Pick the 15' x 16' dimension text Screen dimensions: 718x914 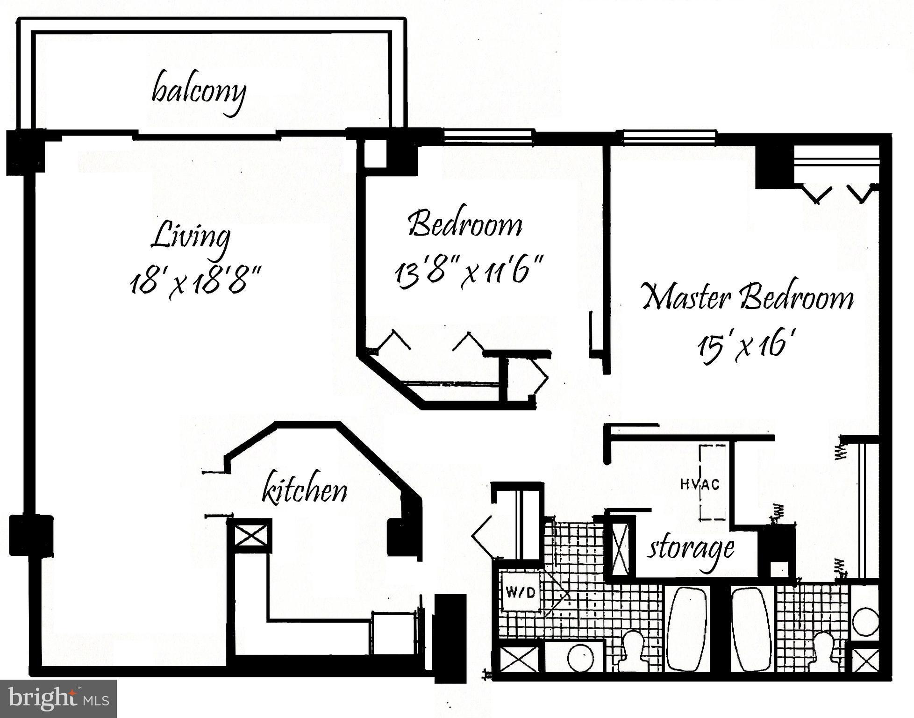(746, 346)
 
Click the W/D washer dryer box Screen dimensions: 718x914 (521, 593)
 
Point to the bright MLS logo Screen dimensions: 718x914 (58, 698)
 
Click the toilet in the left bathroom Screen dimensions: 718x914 (634, 650)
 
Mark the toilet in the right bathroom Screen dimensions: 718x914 (825, 651)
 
